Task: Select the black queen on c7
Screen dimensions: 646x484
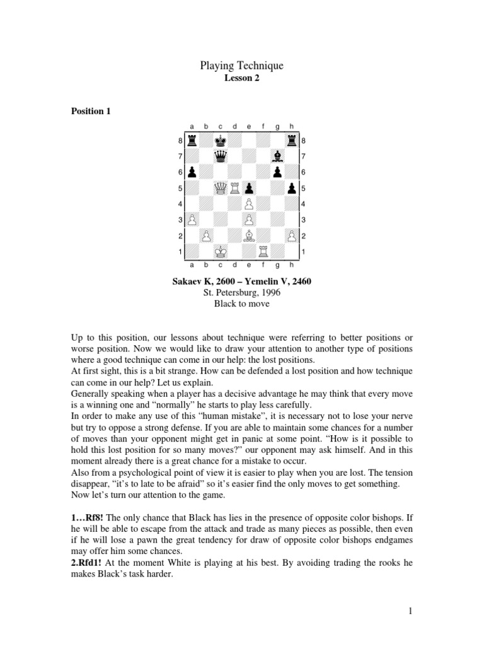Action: pyautogui.click(x=221, y=156)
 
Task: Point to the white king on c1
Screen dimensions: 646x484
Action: pyautogui.click(x=221, y=251)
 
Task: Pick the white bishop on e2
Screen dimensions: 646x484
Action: pyautogui.click(x=249, y=235)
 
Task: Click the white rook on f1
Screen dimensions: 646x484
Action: pyautogui.click(x=263, y=251)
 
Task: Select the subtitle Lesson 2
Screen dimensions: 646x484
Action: pyautogui.click(x=241, y=79)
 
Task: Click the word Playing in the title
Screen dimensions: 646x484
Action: pyautogui.click(x=218, y=66)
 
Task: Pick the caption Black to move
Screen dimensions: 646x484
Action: pyautogui.click(x=241, y=303)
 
